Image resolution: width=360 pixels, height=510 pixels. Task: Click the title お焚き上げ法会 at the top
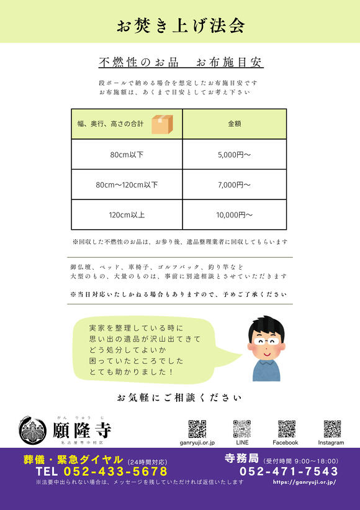coord(180,25)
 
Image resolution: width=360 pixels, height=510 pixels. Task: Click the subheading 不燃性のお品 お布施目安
coord(181,63)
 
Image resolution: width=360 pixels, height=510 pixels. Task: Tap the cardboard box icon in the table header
coord(163,124)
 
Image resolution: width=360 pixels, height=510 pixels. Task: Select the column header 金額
coord(235,124)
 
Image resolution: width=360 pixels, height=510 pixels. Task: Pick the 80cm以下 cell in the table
coord(127,154)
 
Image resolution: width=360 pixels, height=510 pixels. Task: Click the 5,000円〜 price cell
coord(235,154)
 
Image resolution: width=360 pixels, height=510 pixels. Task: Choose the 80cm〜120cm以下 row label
coord(127,184)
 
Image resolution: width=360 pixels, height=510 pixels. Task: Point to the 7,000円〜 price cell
coord(235,184)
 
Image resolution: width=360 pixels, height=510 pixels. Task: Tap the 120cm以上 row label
coord(127,215)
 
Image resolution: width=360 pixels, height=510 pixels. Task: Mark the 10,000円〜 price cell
coord(235,215)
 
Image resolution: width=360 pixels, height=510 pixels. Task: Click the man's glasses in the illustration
coord(266,340)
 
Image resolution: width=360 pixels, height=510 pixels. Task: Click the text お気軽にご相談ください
coord(179,397)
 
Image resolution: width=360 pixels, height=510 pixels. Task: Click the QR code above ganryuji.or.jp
coord(197,429)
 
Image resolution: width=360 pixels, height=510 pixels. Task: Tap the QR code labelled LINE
coord(242,429)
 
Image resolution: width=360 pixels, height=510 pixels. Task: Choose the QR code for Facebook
coord(286,429)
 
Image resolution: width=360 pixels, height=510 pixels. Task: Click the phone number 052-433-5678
coord(115,471)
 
